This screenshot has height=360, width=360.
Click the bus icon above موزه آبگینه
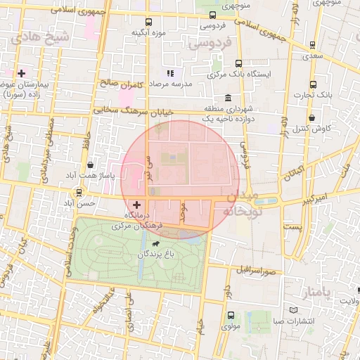[x=148, y=22]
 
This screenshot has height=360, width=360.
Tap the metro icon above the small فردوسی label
[x=213, y=14]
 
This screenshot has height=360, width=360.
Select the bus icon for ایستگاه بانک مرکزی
[x=238, y=63]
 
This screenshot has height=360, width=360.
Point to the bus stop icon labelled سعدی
[x=312, y=46]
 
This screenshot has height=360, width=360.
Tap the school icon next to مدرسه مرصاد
[x=169, y=73]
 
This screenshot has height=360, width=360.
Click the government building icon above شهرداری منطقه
[x=228, y=98]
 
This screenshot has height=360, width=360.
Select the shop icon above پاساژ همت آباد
[x=90, y=165]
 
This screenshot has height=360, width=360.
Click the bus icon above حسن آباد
[x=79, y=192]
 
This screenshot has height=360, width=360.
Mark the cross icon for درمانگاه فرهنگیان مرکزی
[x=136, y=204]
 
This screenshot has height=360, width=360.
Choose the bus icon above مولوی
[x=231, y=316]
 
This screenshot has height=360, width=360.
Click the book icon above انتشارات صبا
[x=293, y=310]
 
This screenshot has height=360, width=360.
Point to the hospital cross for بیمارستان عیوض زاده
[x=22, y=72]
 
